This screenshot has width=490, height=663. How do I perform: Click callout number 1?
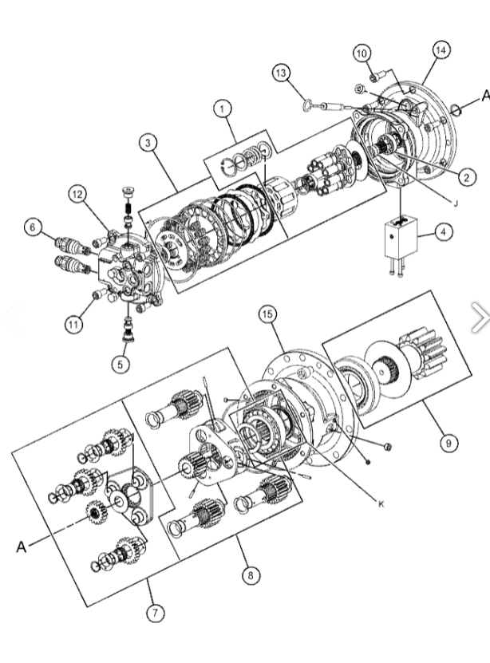click(221, 108)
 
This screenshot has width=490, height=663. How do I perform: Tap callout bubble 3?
click(148, 144)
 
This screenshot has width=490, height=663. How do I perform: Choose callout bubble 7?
click(155, 613)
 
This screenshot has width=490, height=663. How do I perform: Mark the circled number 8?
click(252, 574)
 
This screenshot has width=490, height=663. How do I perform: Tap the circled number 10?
click(362, 53)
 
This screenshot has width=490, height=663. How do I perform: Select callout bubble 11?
click(74, 324)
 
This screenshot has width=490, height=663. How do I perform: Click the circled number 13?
click(280, 74)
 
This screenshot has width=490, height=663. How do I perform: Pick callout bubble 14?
click(441, 49)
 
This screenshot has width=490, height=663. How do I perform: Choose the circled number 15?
click(269, 315)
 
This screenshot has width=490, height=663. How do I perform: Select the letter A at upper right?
click(483, 94)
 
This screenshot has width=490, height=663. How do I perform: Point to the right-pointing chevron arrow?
click(480, 317)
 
